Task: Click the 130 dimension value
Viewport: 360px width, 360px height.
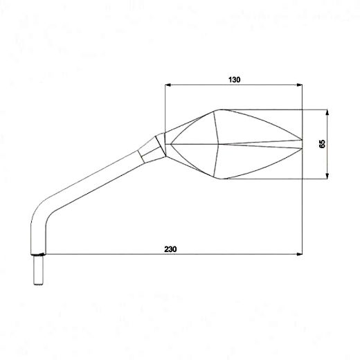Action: [x=234, y=80]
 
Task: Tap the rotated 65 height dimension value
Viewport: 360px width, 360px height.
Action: [x=322, y=144]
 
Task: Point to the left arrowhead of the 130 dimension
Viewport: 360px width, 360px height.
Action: [x=168, y=86]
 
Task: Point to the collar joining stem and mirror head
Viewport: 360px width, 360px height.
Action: [x=152, y=147]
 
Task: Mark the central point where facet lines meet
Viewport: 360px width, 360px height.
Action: [x=220, y=144]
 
